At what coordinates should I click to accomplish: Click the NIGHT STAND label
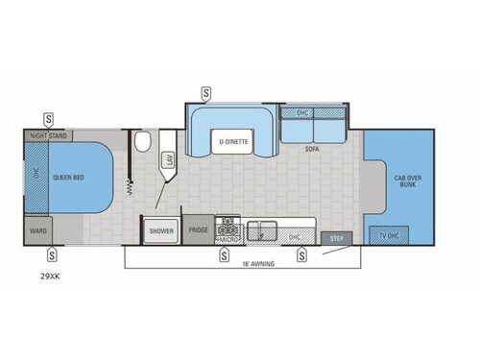pyautogui.click(x=48, y=136)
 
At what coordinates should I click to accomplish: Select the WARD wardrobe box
pyautogui.click(x=39, y=230)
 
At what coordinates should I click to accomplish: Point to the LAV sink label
pyautogui.click(x=170, y=160)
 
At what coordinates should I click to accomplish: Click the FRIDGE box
pyautogui.click(x=198, y=230)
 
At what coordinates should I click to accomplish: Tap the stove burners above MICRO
pyautogui.click(x=228, y=227)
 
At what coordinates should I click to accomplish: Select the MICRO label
pyautogui.click(x=228, y=237)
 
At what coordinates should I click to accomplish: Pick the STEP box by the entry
pyautogui.click(x=336, y=237)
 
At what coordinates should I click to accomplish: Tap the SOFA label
pyautogui.click(x=313, y=150)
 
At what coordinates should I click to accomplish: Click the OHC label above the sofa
pyautogui.click(x=302, y=113)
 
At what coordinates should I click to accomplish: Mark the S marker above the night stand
pyautogui.click(x=48, y=120)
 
